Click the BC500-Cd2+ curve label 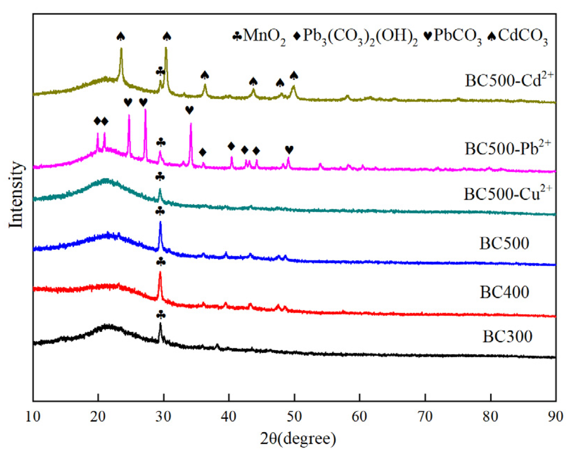tap(509, 80)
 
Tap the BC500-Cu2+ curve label tap(508, 193)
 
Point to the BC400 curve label tap(504, 292)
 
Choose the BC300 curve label tap(507, 336)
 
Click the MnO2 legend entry tap(259, 37)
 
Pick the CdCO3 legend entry tap(518, 37)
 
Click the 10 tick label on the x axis tap(33, 416)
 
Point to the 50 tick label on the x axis tap(294, 416)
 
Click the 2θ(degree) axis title tap(298, 439)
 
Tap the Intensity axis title tap(16, 195)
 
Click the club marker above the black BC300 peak tap(161, 315)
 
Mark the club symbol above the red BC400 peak tap(161, 262)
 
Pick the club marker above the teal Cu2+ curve tap(160, 177)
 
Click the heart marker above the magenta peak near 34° tap(189, 110)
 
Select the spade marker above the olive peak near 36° tap(205, 75)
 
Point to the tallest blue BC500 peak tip tap(161, 222)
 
